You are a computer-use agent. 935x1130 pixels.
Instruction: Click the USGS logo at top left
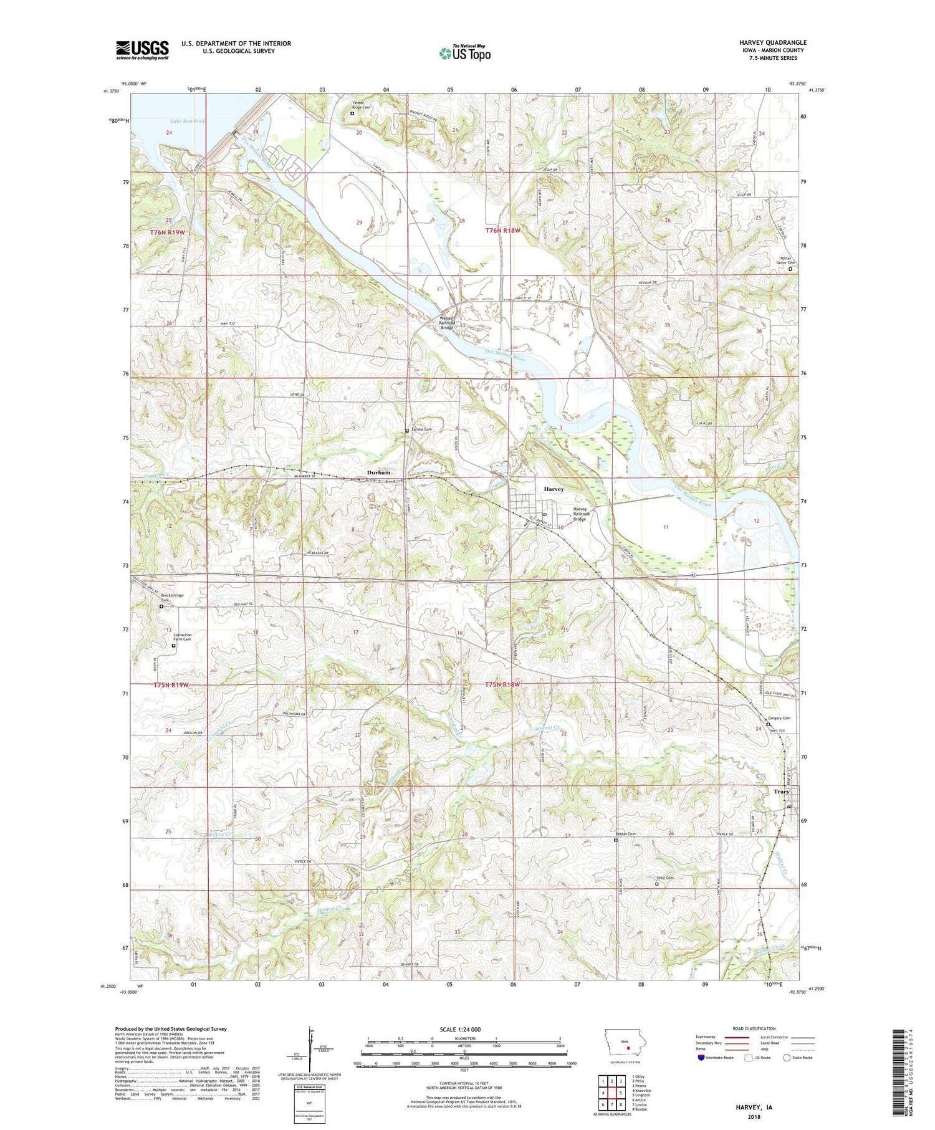point(142,50)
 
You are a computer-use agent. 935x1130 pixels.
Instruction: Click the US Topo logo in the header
point(465,53)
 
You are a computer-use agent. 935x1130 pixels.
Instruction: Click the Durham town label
point(378,472)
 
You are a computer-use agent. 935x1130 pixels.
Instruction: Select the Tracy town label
point(781,792)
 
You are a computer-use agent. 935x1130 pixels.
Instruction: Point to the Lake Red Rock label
point(187,121)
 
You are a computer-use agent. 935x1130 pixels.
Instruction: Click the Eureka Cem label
point(421,429)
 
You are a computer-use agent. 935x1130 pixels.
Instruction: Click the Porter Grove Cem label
point(785,261)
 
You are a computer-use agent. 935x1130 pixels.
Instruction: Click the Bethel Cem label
point(626,834)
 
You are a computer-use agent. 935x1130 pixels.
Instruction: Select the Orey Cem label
point(665,878)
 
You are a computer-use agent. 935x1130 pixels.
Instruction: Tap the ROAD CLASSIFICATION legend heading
point(754,1028)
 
